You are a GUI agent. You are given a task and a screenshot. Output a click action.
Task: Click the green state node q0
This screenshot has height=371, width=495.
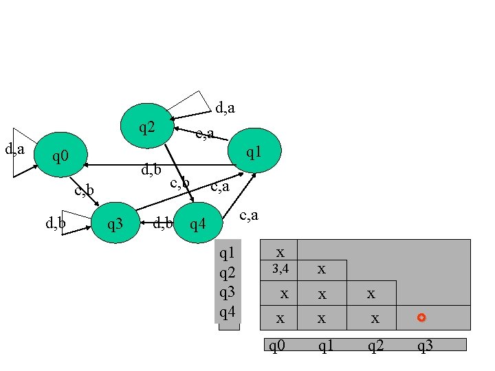click(x=62, y=157)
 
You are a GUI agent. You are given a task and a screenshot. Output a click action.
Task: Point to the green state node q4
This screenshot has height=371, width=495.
click(x=198, y=223)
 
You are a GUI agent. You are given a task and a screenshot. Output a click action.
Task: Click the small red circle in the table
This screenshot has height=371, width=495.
click(x=421, y=317)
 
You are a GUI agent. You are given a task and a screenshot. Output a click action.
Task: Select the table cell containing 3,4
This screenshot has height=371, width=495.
click(x=280, y=269)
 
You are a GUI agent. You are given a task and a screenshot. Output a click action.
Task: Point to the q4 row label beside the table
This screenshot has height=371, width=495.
click(x=228, y=313)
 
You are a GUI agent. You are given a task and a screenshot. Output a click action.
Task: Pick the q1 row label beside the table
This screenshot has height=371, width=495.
click(x=228, y=254)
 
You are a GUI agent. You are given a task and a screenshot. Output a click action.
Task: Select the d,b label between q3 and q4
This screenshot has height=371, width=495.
click(x=162, y=222)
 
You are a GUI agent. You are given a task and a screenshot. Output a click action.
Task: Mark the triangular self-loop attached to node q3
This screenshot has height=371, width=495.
click(x=76, y=222)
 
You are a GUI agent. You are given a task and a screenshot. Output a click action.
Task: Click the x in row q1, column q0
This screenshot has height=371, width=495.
click(x=280, y=251)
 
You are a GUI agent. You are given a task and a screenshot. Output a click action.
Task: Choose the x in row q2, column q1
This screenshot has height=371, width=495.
click(x=321, y=269)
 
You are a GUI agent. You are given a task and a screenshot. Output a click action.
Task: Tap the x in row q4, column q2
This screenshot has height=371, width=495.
click(x=375, y=319)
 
